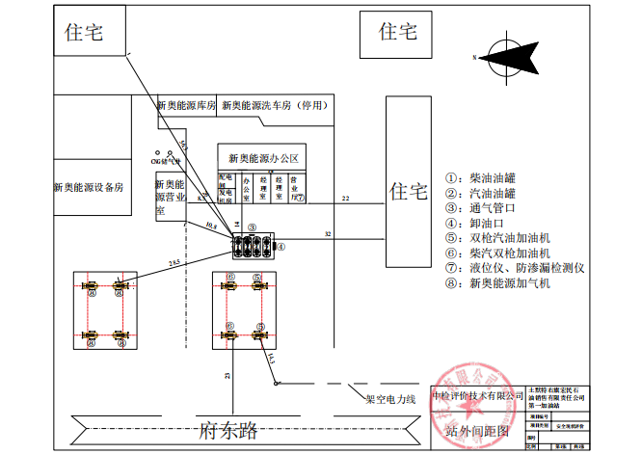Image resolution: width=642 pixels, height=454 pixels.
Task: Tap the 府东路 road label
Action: (227, 431)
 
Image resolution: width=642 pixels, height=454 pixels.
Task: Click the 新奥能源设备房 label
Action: (90, 187)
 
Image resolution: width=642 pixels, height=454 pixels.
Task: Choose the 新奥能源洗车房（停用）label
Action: (274, 106)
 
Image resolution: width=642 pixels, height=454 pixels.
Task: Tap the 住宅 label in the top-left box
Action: (83, 32)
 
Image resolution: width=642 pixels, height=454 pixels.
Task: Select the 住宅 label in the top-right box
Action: (398, 32)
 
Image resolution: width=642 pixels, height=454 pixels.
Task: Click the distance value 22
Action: (345, 199)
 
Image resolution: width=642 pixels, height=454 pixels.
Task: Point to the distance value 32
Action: (328, 234)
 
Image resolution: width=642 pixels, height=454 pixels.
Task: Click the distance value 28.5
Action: (174, 262)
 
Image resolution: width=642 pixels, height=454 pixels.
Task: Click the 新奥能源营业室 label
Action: (170, 197)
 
